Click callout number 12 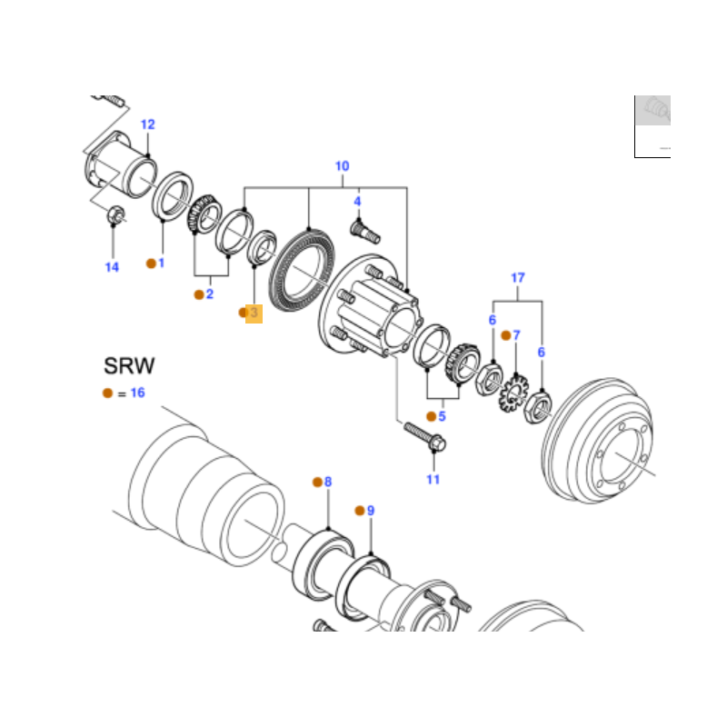point(147,124)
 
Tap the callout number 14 point(112,267)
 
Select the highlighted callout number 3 point(254,313)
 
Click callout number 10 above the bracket point(343,166)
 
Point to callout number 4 point(357,201)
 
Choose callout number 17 point(517,278)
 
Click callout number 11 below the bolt point(433,479)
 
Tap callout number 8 point(328,482)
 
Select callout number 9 point(371,511)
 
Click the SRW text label point(129,366)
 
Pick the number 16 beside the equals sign point(138,393)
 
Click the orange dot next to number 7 point(506,335)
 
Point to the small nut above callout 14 point(115,215)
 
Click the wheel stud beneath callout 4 point(365,232)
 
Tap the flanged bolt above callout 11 point(424,437)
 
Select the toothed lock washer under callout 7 point(513,393)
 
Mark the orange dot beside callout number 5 point(431,416)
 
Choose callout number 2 point(210,294)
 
